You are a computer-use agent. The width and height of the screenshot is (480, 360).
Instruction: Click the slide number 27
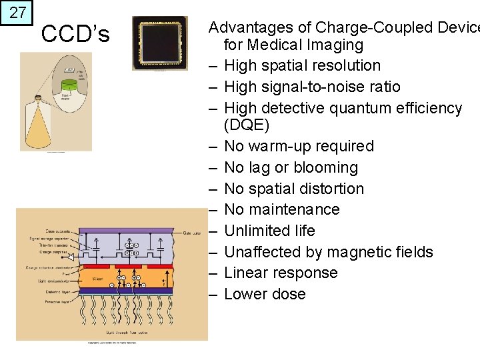click(x=17, y=13)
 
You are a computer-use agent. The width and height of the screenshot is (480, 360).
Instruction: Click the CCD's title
click(x=75, y=33)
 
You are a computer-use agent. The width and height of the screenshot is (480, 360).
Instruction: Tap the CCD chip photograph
click(x=160, y=43)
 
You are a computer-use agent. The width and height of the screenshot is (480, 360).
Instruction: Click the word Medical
click(x=273, y=45)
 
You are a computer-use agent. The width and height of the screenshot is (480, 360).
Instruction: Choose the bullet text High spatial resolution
click(x=302, y=65)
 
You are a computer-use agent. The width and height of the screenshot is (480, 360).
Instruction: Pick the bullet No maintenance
click(x=282, y=209)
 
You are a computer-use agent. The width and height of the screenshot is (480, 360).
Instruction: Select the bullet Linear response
click(x=281, y=273)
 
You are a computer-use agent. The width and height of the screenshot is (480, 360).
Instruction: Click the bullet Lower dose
click(x=265, y=294)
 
